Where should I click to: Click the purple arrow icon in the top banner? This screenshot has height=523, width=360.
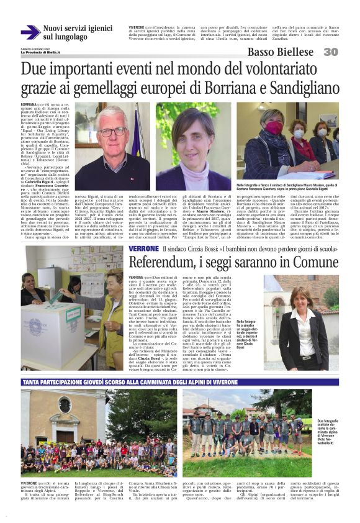point(30,32)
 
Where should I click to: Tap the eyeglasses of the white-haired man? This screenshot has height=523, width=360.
point(113,132)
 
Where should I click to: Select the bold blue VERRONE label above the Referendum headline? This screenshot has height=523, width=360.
point(143,248)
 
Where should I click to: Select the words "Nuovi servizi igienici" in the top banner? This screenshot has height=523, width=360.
point(78,28)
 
